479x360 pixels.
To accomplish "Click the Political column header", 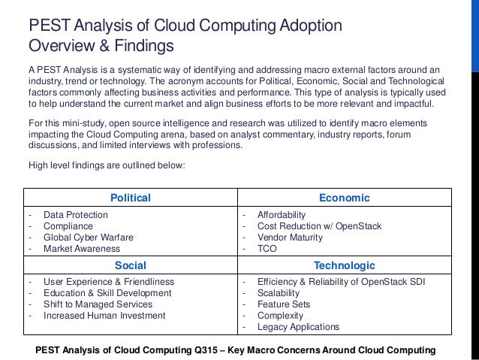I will pos(131,198).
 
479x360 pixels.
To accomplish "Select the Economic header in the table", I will pos(345,198).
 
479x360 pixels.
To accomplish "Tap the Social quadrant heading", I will pos(131,265).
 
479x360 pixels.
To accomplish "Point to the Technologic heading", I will pos(345,265).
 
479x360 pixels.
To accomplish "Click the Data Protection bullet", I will pos(75,215).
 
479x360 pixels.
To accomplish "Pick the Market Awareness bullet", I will pos(81,249).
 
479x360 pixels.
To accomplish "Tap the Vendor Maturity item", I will pos(290,237).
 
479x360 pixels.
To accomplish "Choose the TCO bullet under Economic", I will pos(268,249).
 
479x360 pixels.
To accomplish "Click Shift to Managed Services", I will pos(98,304).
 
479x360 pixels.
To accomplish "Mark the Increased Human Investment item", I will pos(104,316).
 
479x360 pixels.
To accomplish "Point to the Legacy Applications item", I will pos(298,327).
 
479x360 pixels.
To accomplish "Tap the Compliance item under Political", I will pos(68,226).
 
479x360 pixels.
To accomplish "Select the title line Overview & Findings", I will pos(101,47).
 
